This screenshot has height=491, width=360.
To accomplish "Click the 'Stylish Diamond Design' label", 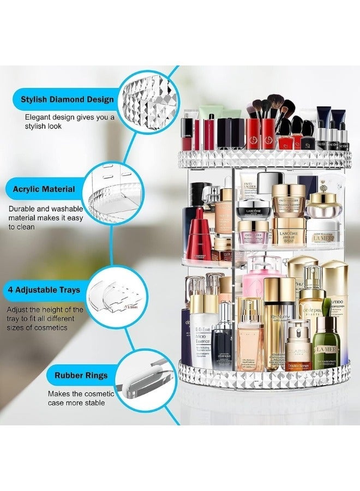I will (68, 99).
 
